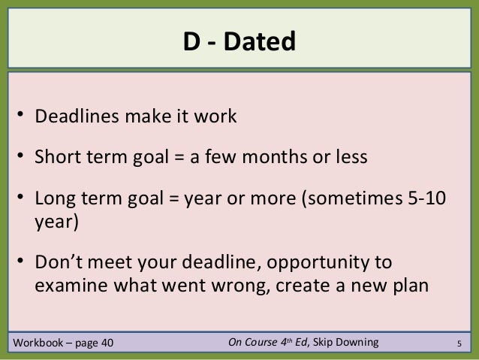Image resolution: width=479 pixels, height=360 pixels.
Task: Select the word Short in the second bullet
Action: (x=56, y=159)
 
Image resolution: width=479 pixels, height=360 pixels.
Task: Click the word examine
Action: (x=69, y=286)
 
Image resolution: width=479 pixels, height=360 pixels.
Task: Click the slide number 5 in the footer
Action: (x=459, y=346)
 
